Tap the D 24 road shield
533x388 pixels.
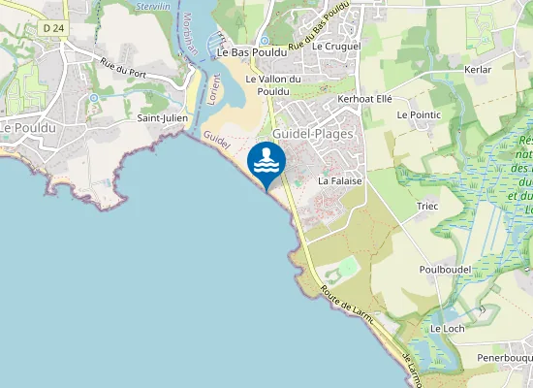point(54,30)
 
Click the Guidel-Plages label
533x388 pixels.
point(313,133)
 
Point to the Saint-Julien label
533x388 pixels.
point(162,117)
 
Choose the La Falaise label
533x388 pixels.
point(339,181)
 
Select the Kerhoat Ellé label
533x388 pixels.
point(363,99)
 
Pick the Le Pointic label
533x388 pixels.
point(419,114)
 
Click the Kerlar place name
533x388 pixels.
point(478,70)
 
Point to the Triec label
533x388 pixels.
point(427,206)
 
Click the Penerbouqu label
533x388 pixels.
point(504,358)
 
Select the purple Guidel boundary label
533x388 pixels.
point(218,142)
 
